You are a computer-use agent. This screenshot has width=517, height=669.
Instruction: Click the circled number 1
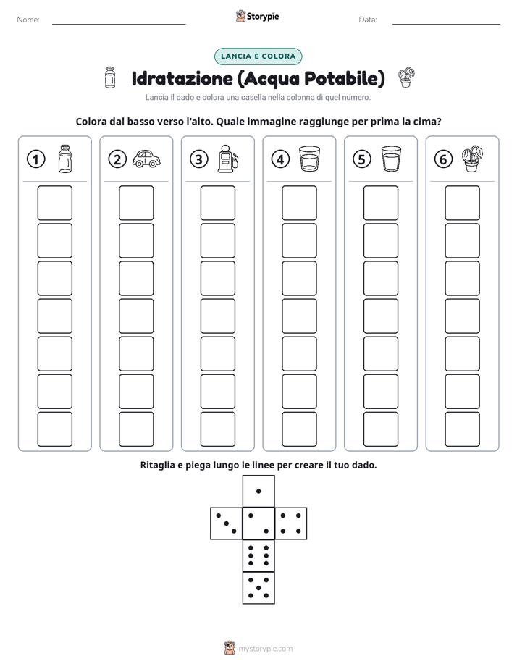coord(35,159)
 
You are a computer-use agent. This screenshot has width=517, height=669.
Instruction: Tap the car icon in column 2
coord(146,159)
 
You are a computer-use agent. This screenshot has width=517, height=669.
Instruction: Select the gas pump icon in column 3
coord(228,159)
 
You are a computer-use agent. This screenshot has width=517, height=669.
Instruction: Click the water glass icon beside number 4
coord(309,159)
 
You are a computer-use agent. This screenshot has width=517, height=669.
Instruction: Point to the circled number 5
coord(362,159)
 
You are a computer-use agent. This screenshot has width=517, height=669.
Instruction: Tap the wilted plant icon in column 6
coord(472,159)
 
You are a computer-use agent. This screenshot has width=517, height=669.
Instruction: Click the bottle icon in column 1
coord(65,159)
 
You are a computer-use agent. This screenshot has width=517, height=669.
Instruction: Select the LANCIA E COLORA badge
coord(258,56)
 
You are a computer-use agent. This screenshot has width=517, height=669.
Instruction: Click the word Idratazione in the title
coord(182,78)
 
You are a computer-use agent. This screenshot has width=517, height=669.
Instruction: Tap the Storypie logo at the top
coord(258,17)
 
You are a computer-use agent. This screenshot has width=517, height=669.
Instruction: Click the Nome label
coord(28,20)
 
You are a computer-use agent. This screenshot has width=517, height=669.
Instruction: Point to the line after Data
coord(446,25)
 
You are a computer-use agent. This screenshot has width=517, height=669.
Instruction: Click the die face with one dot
coord(258,491)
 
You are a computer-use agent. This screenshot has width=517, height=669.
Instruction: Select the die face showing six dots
coord(258,555)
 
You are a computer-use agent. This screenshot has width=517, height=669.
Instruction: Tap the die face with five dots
coord(258,588)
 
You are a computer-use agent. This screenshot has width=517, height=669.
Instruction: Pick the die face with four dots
coord(291,523)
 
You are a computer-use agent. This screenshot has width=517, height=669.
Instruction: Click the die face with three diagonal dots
coord(227,523)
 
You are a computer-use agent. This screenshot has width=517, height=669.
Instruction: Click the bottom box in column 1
coord(54,429)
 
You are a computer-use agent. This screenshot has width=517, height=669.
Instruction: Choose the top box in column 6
coord(463,203)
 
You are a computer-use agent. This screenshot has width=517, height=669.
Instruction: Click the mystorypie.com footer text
coord(265,649)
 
